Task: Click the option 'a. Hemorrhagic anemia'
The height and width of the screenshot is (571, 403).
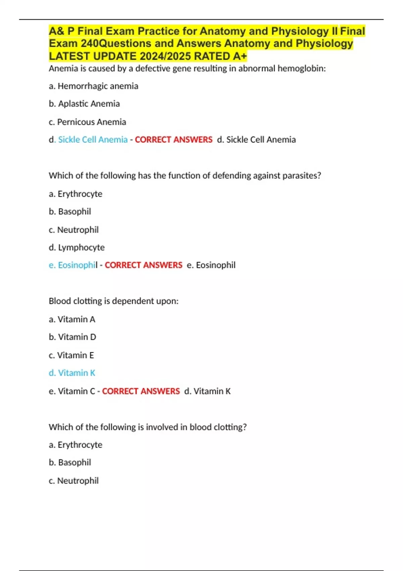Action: tap(93, 86)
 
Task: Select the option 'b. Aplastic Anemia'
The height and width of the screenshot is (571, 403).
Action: tap(84, 104)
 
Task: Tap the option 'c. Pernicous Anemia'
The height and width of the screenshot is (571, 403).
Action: tap(87, 122)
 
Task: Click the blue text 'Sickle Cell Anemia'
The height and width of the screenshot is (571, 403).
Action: tap(93, 140)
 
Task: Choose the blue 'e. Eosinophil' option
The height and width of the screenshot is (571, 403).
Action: tap(73, 265)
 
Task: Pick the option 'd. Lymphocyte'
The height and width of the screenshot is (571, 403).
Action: tap(77, 248)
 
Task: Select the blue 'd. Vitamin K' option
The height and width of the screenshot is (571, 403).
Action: tap(72, 373)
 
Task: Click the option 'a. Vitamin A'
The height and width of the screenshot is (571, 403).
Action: tap(72, 319)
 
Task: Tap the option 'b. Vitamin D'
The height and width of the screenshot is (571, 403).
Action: tap(72, 337)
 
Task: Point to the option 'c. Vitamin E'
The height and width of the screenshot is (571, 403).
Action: tap(71, 355)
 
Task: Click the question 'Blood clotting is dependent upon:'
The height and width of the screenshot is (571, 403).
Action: tap(114, 301)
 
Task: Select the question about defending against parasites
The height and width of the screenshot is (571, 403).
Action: tap(185, 176)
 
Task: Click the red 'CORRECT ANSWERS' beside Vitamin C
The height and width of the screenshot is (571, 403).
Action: tap(141, 391)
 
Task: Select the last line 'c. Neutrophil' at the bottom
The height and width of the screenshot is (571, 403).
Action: tap(74, 481)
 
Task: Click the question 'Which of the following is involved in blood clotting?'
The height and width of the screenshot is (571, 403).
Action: tap(147, 427)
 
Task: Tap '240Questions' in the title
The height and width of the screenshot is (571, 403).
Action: tap(116, 44)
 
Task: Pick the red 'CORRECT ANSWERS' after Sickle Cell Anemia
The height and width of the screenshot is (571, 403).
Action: tap(174, 140)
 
